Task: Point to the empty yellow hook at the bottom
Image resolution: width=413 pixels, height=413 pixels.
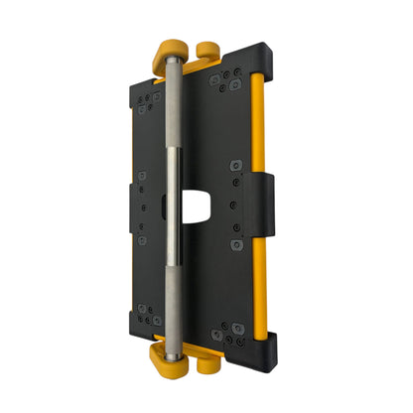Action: click(x=208, y=358)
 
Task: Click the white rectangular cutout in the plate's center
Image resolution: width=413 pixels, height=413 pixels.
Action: click(x=197, y=206)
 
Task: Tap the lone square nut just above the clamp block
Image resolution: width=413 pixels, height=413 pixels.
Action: click(x=235, y=167)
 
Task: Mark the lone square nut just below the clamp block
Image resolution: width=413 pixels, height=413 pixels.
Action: click(x=235, y=244)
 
